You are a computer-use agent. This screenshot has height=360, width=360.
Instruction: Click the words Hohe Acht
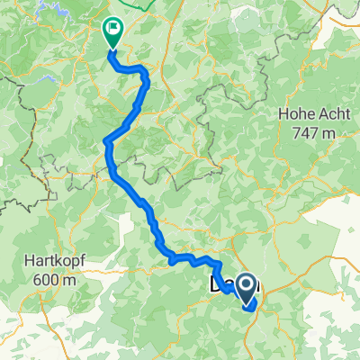307,114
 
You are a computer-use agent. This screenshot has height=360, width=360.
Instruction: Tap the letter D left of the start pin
217,286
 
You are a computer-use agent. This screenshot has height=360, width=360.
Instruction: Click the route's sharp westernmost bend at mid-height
106,140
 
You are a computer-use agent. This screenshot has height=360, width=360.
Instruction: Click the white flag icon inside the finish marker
113,28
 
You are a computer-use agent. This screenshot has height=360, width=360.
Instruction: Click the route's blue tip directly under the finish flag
112,51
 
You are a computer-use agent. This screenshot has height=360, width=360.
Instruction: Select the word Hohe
290,114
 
